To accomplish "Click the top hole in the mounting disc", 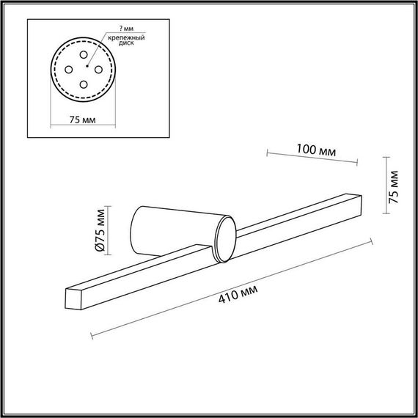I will tap(83, 56).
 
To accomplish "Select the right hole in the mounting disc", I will tap(99, 70).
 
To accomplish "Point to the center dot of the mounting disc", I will tap(84, 70).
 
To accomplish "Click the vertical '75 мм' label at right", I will tap(395, 186).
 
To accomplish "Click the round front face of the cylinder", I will tap(224, 241).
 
